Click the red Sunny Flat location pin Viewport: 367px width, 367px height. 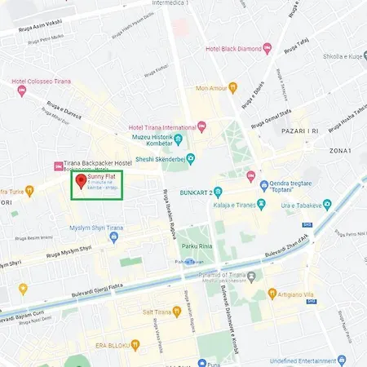(x=80, y=181)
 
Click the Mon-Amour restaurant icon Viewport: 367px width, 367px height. (x=232, y=86)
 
